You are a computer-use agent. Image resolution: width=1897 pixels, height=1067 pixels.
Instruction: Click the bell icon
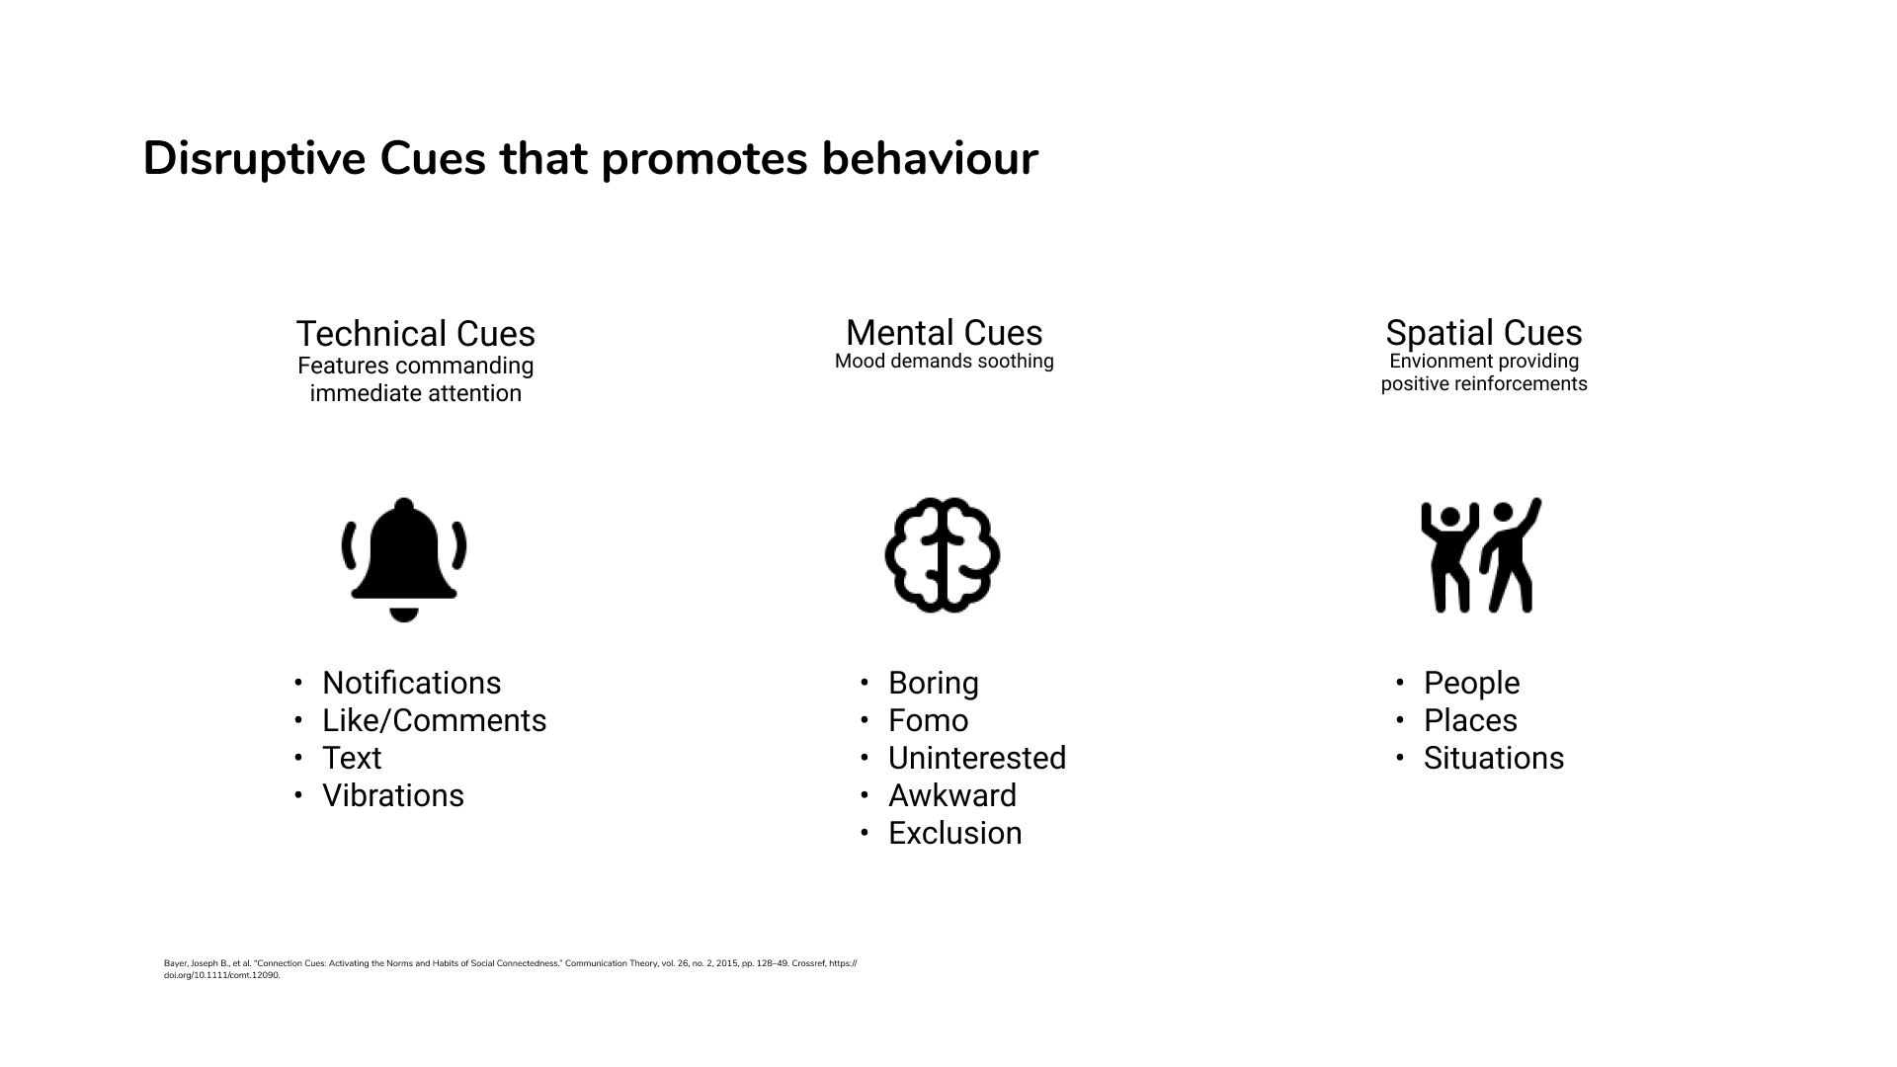[404, 559]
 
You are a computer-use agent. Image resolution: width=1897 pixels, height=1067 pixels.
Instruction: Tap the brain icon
[943, 555]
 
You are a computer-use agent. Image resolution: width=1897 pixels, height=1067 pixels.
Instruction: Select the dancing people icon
[1481, 555]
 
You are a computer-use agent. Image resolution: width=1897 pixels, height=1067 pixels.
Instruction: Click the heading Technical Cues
[416, 334]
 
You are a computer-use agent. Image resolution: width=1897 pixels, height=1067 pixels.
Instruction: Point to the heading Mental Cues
[945, 333]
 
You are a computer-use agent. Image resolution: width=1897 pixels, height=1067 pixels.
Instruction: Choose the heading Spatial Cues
[1484, 333]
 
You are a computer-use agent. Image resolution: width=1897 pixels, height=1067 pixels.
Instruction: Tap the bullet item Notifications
[412, 683]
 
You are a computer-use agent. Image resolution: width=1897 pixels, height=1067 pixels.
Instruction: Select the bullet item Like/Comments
[435, 720]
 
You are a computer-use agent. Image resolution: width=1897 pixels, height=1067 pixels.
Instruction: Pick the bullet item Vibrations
[393, 795]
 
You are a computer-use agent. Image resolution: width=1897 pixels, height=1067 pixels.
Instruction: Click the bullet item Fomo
[929, 720]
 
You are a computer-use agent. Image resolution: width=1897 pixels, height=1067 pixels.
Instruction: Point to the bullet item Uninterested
[977, 758]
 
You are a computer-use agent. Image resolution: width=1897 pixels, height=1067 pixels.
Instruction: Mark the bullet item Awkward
[952, 795]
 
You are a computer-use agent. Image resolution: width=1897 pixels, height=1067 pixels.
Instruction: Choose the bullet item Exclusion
[955, 833]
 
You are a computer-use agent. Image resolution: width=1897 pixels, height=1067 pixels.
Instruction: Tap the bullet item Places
[1470, 720]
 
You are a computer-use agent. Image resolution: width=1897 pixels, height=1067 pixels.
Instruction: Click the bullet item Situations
[1494, 758]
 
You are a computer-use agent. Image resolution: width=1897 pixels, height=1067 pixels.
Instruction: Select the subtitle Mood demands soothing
[945, 362]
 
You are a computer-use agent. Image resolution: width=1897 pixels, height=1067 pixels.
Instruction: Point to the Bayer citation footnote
[511, 969]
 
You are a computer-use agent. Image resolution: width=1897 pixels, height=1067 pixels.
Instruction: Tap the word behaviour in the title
[930, 159]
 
